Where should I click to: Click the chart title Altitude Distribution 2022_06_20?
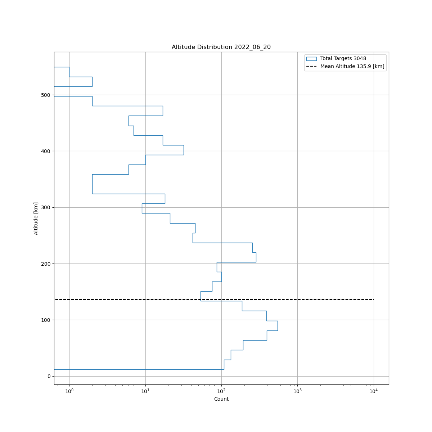click(221, 47)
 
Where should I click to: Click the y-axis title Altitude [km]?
click(36, 219)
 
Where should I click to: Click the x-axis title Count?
click(221, 399)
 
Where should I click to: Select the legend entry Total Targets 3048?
click(343, 59)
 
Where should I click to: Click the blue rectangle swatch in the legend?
click(311, 59)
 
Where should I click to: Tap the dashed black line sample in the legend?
click(311, 66)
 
